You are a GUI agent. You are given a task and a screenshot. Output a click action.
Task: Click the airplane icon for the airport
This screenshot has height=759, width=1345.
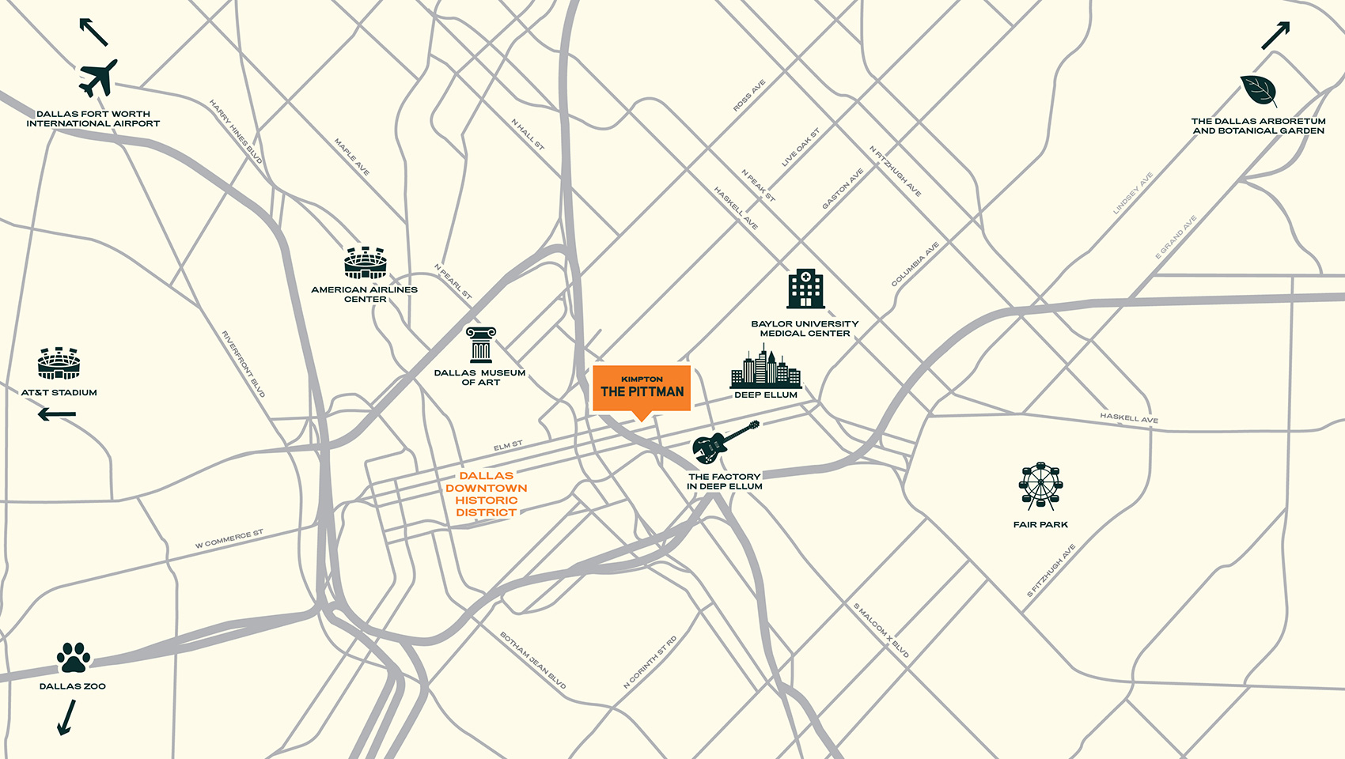(x=98, y=77)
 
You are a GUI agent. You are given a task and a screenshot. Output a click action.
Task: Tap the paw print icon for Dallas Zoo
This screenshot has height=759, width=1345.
(x=74, y=658)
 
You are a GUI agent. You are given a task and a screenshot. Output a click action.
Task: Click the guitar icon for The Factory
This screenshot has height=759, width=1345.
(x=723, y=444)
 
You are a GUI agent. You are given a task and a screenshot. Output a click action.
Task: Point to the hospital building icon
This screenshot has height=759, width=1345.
(x=805, y=289)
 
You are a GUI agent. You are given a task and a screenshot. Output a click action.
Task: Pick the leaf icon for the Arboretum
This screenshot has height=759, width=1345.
(x=1258, y=91)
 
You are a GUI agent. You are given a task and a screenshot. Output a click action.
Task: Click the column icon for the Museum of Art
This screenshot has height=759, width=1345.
(x=480, y=345)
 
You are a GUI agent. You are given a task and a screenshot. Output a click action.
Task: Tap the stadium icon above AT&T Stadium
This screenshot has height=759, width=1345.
(x=59, y=363)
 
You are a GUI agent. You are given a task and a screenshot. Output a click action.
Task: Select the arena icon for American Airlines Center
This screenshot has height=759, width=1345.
(x=365, y=262)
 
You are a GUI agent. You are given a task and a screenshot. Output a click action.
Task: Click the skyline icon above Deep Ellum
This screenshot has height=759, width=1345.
(x=765, y=368)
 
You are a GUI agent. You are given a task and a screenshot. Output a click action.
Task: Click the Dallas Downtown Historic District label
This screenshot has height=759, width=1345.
(x=486, y=494)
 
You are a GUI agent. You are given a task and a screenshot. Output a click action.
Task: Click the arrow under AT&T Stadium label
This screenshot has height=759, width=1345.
(x=57, y=413)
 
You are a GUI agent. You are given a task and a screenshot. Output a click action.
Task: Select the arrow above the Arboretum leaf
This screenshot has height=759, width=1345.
(x=1275, y=36)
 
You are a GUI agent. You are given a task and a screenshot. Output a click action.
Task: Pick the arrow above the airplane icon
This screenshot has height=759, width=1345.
(x=93, y=32)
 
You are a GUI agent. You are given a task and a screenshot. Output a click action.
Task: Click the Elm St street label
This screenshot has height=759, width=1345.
(x=508, y=446)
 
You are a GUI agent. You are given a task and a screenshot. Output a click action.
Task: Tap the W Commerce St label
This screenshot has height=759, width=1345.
(x=229, y=539)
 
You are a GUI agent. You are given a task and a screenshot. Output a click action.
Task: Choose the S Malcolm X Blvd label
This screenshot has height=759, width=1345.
(x=881, y=630)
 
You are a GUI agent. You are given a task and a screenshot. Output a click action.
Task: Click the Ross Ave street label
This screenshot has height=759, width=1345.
(x=748, y=96)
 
